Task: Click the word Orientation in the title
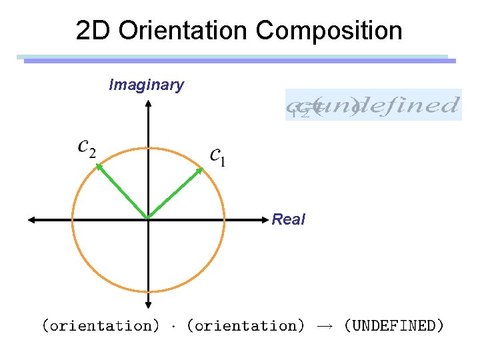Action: (181, 31)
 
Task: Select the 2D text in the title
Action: (91, 31)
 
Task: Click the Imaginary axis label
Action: (146, 85)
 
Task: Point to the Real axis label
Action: (289, 219)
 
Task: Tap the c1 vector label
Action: (217, 157)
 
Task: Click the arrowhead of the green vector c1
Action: (200, 170)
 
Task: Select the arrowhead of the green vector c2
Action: (97, 167)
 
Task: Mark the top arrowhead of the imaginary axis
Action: (147, 103)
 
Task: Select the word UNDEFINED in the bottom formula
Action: (394, 326)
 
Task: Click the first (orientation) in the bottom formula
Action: (101, 326)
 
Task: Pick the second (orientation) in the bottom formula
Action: (245, 326)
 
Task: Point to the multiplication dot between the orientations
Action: (173, 326)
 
